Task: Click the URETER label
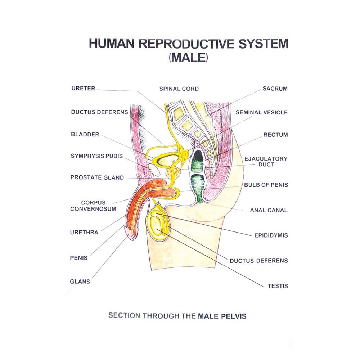click(83, 88)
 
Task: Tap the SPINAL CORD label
click(179, 89)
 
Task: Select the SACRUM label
click(275, 89)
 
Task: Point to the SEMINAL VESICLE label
click(262, 112)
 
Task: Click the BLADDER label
click(85, 135)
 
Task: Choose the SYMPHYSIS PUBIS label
click(97, 156)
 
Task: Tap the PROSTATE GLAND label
click(97, 177)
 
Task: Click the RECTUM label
click(276, 135)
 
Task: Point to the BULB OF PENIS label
click(266, 185)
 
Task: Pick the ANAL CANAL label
click(269, 210)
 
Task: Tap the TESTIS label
click(278, 286)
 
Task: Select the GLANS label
click(80, 282)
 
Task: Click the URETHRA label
click(84, 233)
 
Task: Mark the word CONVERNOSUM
click(93, 209)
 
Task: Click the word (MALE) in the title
click(189, 58)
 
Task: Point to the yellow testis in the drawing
click(157, 225)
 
